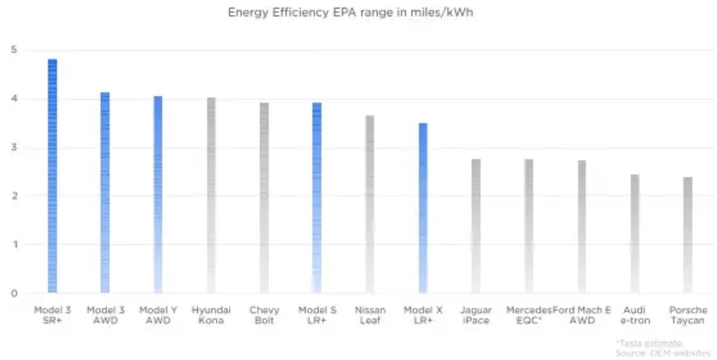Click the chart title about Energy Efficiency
click(350, 12)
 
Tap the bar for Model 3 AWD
click(105, 192)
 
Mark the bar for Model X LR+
click(423, 208)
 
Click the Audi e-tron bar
click(635, 233)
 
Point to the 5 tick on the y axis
click(14, 49)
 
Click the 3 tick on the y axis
click(14, 147)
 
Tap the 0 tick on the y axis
click(14, 293)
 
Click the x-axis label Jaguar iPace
click(476, 315)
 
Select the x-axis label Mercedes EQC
click(529, 315)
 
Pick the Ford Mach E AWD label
click(582, 315)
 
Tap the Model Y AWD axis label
click(158, 315)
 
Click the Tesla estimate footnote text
click(650, 344)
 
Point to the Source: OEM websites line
click(662, 353)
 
